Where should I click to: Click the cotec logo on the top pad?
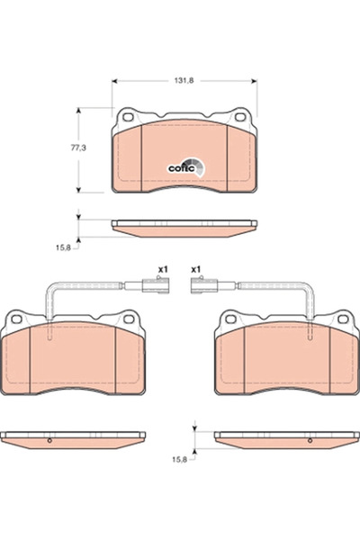point(186,166)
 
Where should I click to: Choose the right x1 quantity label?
point(195,269)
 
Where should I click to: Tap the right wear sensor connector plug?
point(202,289)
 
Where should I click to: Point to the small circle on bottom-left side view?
point(49,441)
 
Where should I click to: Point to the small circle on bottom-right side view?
point(306,441)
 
